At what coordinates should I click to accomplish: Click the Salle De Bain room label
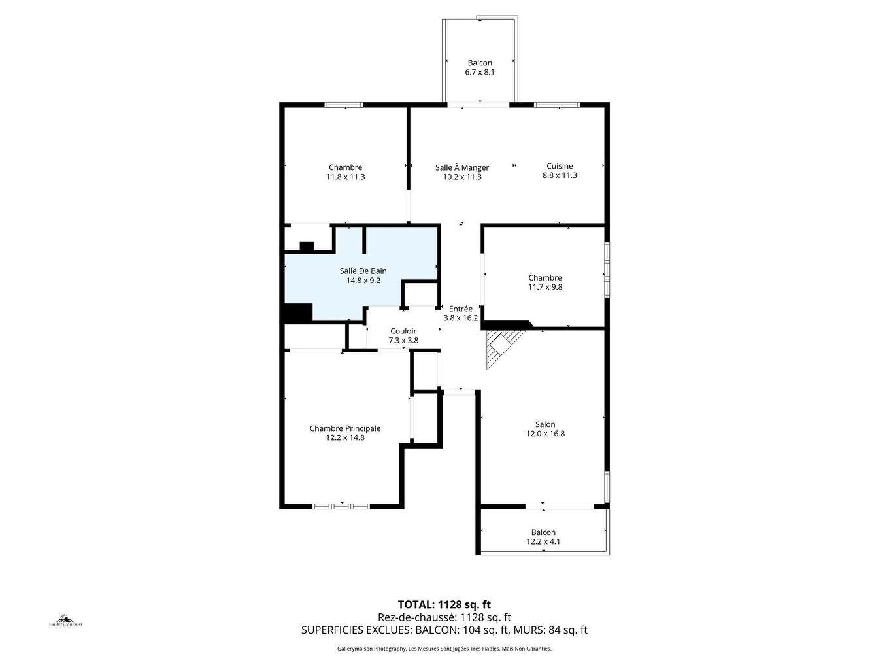363,271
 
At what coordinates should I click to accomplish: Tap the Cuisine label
560,166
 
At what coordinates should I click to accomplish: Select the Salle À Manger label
462,167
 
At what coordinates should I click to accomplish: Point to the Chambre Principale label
345,428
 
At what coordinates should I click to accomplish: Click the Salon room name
545,424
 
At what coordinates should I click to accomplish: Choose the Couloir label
403,331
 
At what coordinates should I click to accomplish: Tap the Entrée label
460,309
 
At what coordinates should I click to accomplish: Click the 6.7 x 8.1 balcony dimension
480,72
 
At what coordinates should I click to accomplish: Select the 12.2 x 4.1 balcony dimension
543,541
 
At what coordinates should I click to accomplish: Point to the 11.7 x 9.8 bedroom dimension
545,287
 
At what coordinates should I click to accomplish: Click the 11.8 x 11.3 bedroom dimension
346,177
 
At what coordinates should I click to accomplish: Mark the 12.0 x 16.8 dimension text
545,434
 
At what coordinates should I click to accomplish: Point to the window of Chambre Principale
341,506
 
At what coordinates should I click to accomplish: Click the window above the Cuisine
557,105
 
